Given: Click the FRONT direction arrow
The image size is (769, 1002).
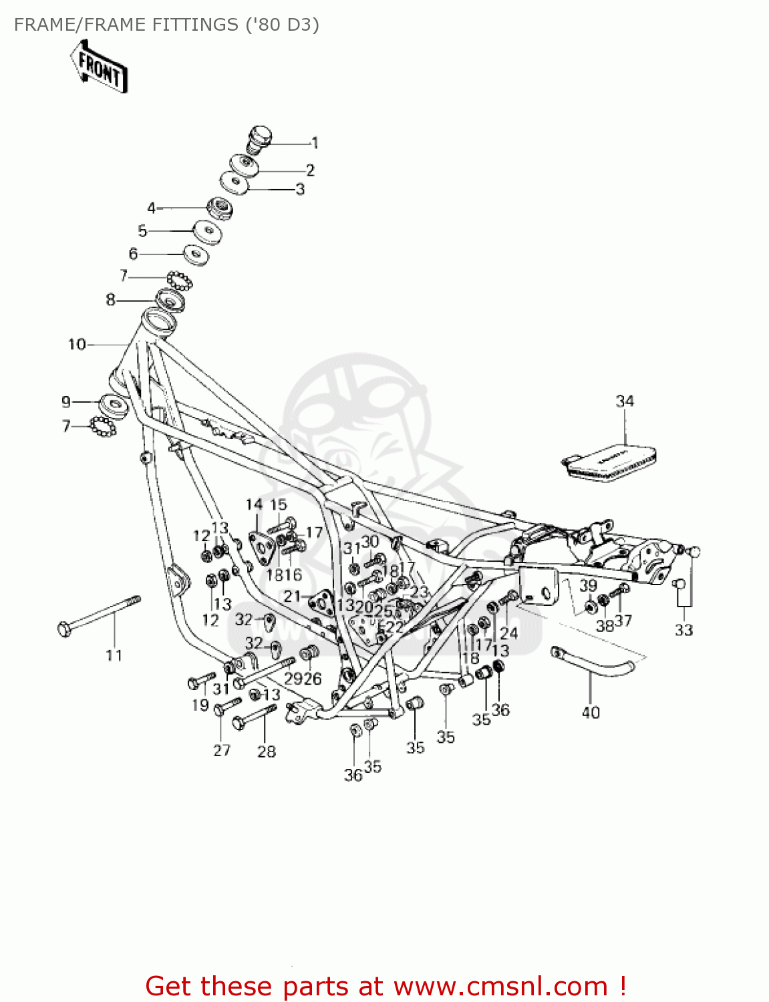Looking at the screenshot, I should [x=99, y=67].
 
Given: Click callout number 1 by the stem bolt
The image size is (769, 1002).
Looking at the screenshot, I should [x=315, y=143].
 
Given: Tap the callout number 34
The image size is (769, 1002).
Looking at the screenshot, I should [x=625, y=401].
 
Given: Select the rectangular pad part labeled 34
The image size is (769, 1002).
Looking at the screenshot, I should [x=609, y=462].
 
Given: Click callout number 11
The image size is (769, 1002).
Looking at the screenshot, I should [x=114, y=655].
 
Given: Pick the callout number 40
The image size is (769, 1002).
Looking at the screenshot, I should [x=591, y=712].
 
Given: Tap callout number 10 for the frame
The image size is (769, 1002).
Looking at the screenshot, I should [x=77, y=344].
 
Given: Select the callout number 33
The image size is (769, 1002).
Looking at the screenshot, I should [x=683, y=630].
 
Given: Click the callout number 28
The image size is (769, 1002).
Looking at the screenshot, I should [x=267, y=751].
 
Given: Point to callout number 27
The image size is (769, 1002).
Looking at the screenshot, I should [x=222, y=750].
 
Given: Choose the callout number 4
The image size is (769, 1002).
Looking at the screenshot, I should [x=151, y=208].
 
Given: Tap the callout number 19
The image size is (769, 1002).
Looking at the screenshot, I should [x=200, y=705].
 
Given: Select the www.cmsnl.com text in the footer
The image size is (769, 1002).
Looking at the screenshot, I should [x=500, y=986].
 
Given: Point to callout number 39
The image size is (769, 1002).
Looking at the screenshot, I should [x=588, y=586].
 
